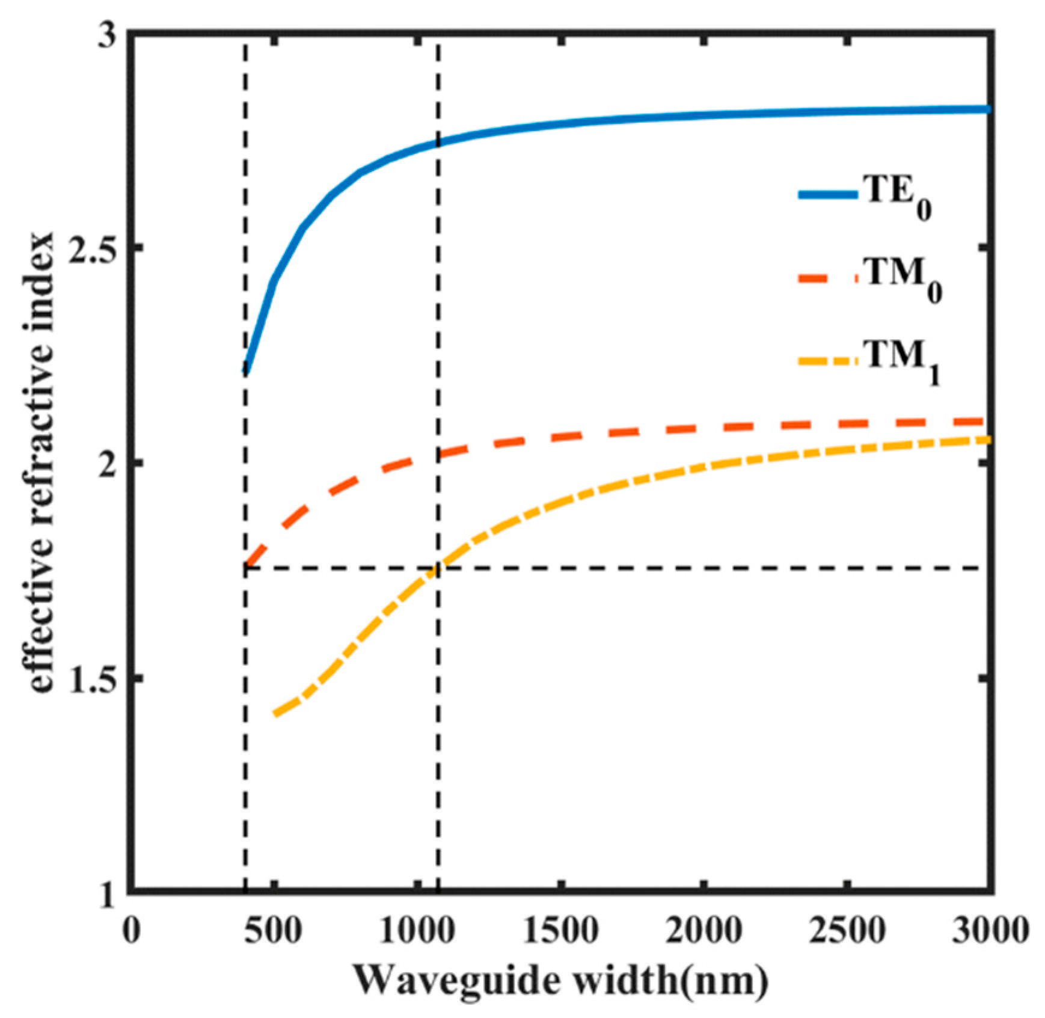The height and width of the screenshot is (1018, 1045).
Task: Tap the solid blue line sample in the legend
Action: [827, 194]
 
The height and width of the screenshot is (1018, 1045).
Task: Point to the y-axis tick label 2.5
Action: [90, 248]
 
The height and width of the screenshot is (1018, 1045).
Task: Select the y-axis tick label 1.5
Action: [90, 678]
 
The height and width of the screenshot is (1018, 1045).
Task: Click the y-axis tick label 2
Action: [106, 464]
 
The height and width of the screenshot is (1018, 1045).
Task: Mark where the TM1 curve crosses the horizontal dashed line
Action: [435, 568]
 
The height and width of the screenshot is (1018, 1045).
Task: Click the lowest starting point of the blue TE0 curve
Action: [246, 372]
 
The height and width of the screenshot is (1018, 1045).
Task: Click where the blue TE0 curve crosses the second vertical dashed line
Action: [438, 143]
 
